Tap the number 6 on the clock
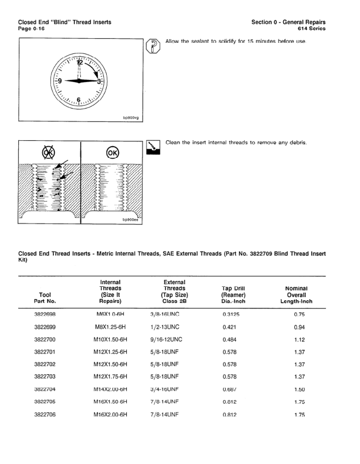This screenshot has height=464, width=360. point(79,100)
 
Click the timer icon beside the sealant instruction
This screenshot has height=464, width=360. point(152,46)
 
